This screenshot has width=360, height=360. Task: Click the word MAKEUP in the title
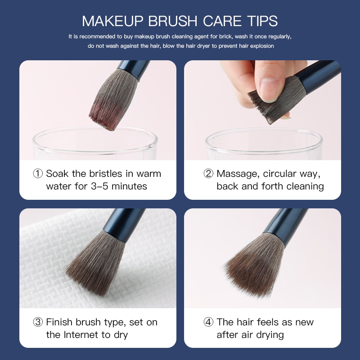(x=112, y=21)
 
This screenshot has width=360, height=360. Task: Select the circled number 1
(x=38, y=174)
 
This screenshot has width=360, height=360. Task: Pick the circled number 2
(x=208, y=174)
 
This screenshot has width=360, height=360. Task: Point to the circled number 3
(x=38, y=322)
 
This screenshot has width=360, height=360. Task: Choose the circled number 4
(x=208, y=322)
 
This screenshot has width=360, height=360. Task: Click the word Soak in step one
(x=57, y=174)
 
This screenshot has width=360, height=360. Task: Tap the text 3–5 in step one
(x=99, y=186)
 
